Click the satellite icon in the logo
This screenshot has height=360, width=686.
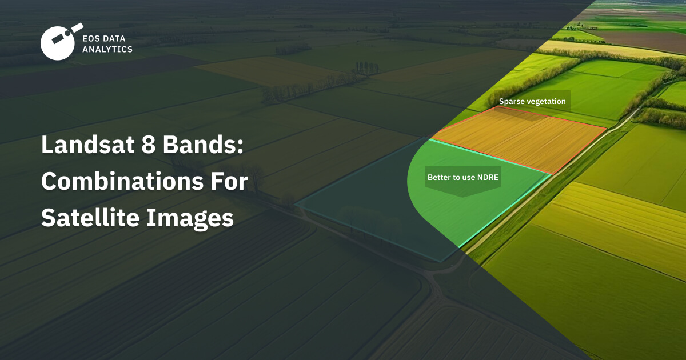coord(58,42)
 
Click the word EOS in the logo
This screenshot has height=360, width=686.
coord(91,38)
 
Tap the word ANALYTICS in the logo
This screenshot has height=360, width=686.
coord(107,49)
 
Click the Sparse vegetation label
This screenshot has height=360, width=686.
coord(532,102)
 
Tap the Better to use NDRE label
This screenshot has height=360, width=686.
coord(463,177)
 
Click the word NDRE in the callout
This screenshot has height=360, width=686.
coord(489,177)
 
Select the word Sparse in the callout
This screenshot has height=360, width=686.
coord(512,102)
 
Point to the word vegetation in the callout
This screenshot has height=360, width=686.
coord(545,102)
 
